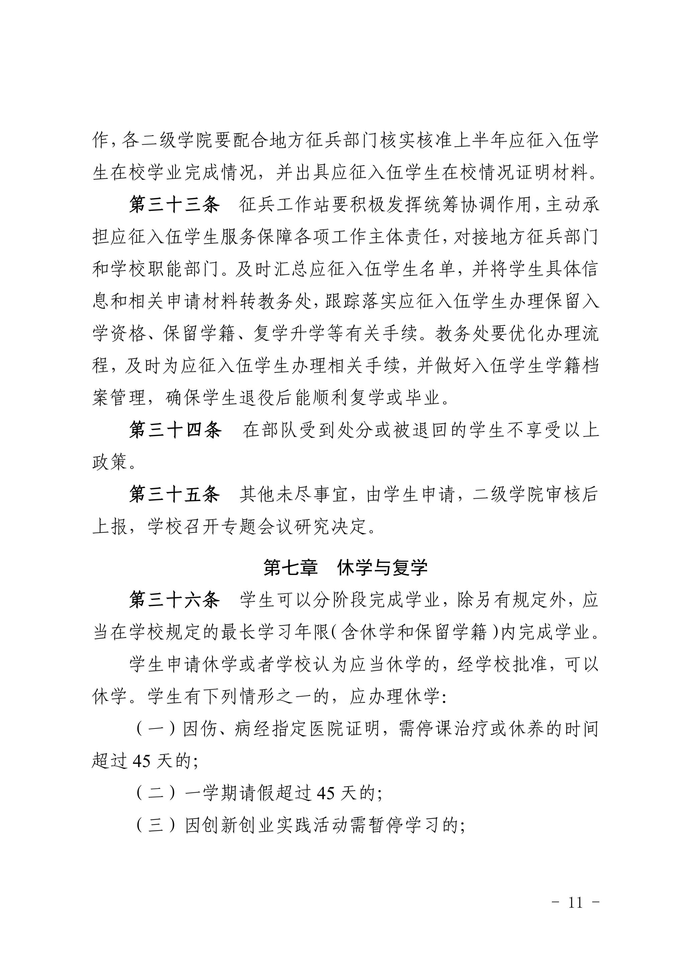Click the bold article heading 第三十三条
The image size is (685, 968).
[174, 205]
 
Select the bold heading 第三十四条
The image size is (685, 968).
[175, 431]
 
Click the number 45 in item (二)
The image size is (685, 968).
[326, 794]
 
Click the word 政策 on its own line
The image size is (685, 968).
[110, 463]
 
